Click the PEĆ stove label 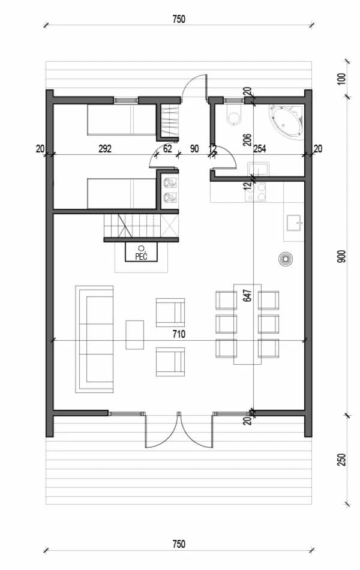coord(141,256)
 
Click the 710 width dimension coord(179,334)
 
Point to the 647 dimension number coord(247,295)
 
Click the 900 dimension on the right coord(342,256)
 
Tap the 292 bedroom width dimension coord(105,148)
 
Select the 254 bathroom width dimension coord(259,148)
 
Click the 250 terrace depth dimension coord(342,460)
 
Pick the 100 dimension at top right coord(342,79)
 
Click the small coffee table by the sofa coord(134,335)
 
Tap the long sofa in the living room coord(95,339)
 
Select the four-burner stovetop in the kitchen coord(256,191)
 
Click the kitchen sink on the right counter coord(295,223)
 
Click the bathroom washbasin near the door coord(258,169)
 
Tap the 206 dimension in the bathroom coord(247,140)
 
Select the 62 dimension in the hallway coord(167,148)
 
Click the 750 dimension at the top coord(179,19)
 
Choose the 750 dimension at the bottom coord(179,544)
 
